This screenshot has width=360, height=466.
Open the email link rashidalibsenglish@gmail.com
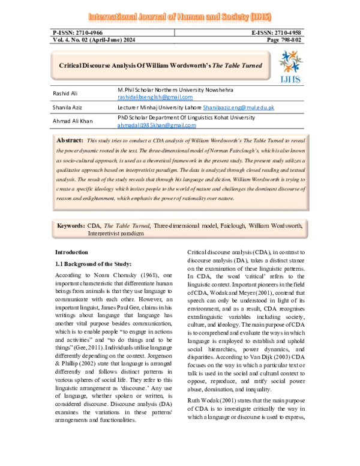click(155, 97)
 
